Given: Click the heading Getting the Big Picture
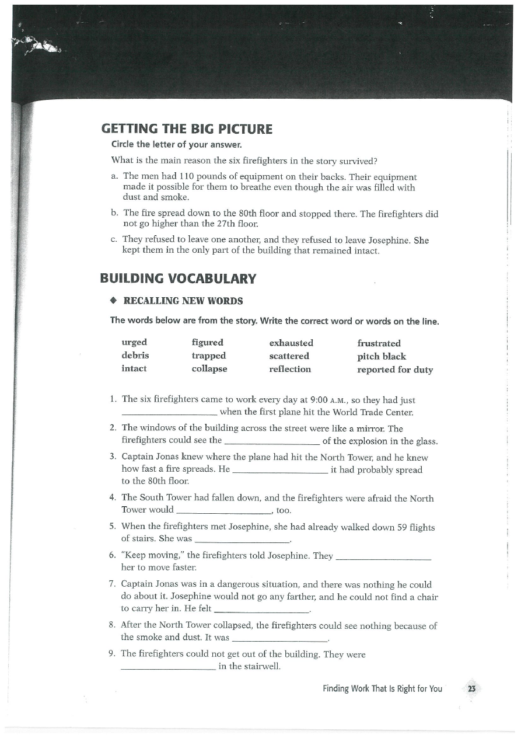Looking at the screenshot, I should [187, 128].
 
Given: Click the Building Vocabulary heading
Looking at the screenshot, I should [178, 279].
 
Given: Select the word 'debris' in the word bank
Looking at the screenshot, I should [135, 356].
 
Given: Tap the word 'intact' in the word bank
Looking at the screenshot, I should [134, 368].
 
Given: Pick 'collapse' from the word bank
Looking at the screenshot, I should [209, 368].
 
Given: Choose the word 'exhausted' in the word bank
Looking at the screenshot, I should [291, 343].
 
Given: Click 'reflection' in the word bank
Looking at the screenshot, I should [290, 369].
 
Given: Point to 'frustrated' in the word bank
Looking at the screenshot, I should [379, 343].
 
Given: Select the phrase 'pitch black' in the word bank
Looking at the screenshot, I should [382, 356].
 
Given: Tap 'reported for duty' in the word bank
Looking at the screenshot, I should [395, 370].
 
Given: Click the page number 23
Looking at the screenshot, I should [472, 689].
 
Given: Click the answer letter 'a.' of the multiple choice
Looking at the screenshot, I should [114, 176].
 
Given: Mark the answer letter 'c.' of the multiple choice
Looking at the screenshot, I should [114, 240].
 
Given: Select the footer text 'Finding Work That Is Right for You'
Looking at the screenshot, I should [382, 689].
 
